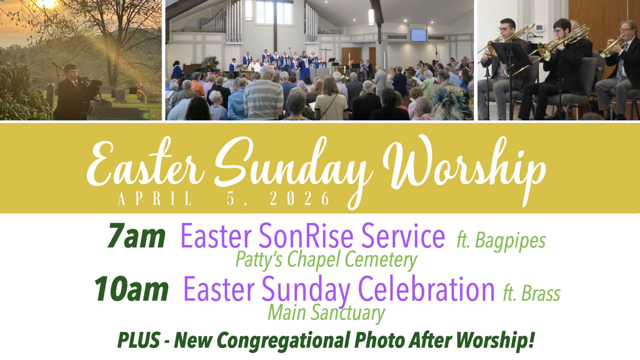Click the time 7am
point(137,236)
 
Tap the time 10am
point(132,289)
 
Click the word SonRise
point(306,236)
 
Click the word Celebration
point(426,289)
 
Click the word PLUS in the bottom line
point(139,340)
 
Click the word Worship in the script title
point(464,167)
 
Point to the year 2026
point(300,199)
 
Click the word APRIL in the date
point(155,199)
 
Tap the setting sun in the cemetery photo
point(45,3)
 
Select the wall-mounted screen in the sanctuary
point(418,35)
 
